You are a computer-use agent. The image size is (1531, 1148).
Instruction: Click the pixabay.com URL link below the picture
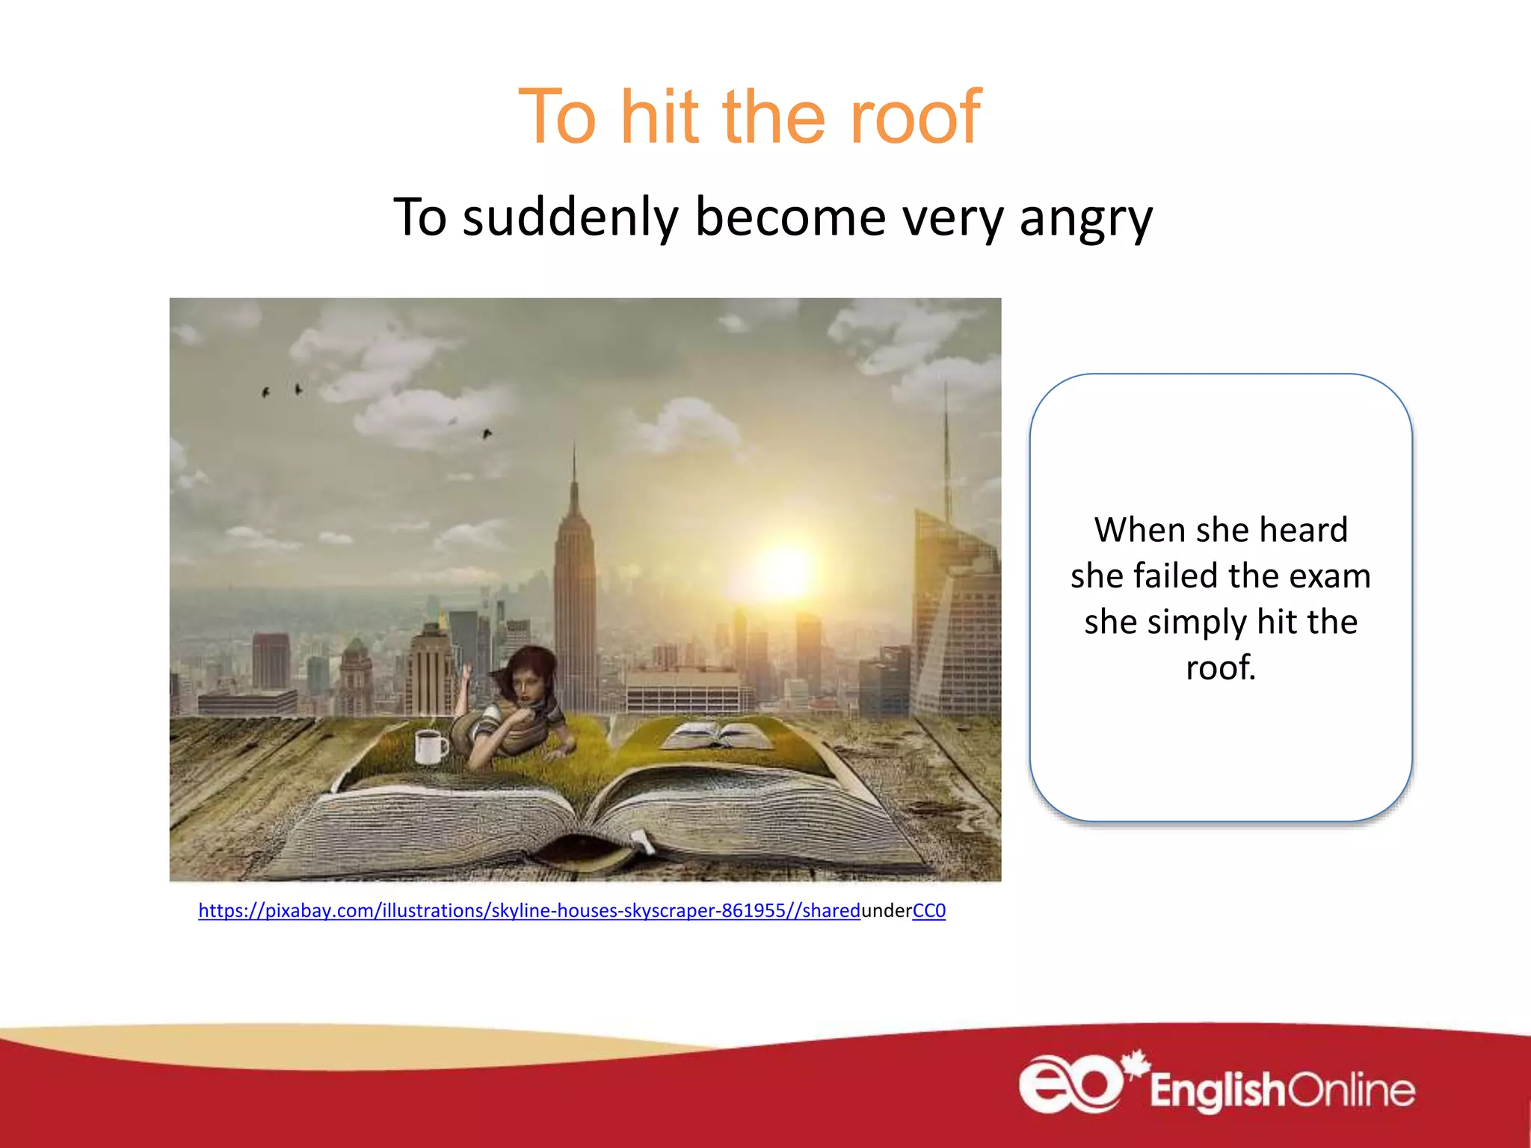(x=529, y=910)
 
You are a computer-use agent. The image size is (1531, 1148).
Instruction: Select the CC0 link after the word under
(x=928, y=910)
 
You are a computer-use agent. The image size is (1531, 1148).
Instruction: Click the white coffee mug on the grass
(x=429, y=747)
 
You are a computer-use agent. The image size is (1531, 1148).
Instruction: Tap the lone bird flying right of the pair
(x=487, y=433)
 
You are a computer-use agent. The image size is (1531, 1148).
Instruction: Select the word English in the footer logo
(x=1216, y=1091)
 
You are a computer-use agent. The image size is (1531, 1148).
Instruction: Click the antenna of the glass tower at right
(x=946, y=448)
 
